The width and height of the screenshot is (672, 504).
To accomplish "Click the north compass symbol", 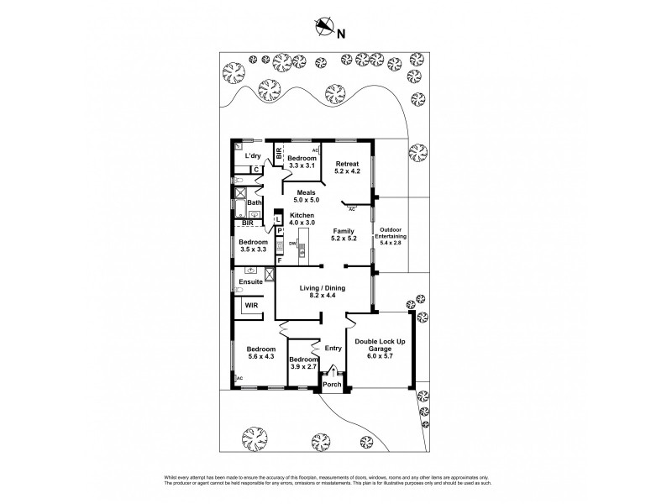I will coord(324,29).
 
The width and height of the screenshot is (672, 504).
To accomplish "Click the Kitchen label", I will coord(302,218).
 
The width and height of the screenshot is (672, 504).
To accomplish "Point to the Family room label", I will coord(344,234).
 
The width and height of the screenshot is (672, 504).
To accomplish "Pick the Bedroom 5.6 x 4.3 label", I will coord(261,353).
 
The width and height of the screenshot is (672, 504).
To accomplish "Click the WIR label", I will coord(251,306).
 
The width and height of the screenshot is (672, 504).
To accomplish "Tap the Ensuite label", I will coord(250,282).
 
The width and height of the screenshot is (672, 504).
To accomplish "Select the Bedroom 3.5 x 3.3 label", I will coord(253,245).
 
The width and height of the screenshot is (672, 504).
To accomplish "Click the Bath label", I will coord(254,202).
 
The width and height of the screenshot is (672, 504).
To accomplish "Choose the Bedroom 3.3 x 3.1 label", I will coord(302,162).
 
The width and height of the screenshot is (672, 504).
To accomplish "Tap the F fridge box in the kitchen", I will coord(280,260).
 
